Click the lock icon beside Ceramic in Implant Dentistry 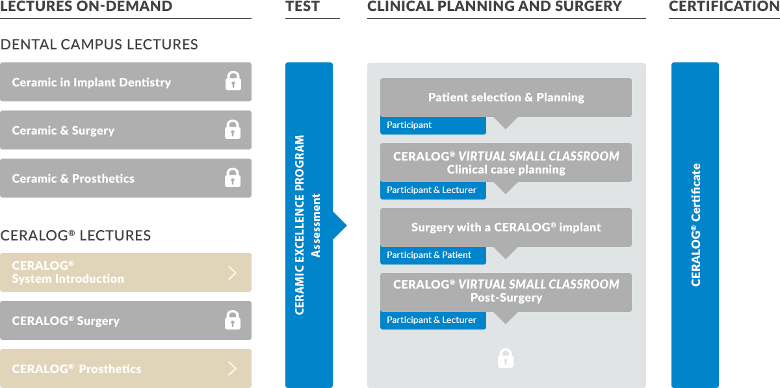click(233, 81)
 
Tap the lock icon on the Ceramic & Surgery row click(233, 129)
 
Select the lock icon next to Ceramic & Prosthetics click(233, 177)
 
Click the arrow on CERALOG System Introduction click(233, 273)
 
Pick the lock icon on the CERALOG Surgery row click(233, 320)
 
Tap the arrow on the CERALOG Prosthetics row click(233, 369)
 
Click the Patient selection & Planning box click(506, 97)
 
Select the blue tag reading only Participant click(433, 125)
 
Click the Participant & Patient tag click(433, 255)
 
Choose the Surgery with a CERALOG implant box click(506, 227)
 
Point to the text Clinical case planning click(506, 170)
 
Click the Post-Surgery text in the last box click(506, 298)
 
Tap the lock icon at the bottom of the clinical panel click(505, 358)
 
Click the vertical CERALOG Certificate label click(695, 224)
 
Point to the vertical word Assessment click(317, 225)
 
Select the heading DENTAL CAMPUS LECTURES click(99, 45)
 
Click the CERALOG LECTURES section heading click(76, 235)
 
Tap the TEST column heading click(302, 6)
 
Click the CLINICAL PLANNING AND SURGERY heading click(495, 6)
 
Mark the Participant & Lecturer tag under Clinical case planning click(433, 190)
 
